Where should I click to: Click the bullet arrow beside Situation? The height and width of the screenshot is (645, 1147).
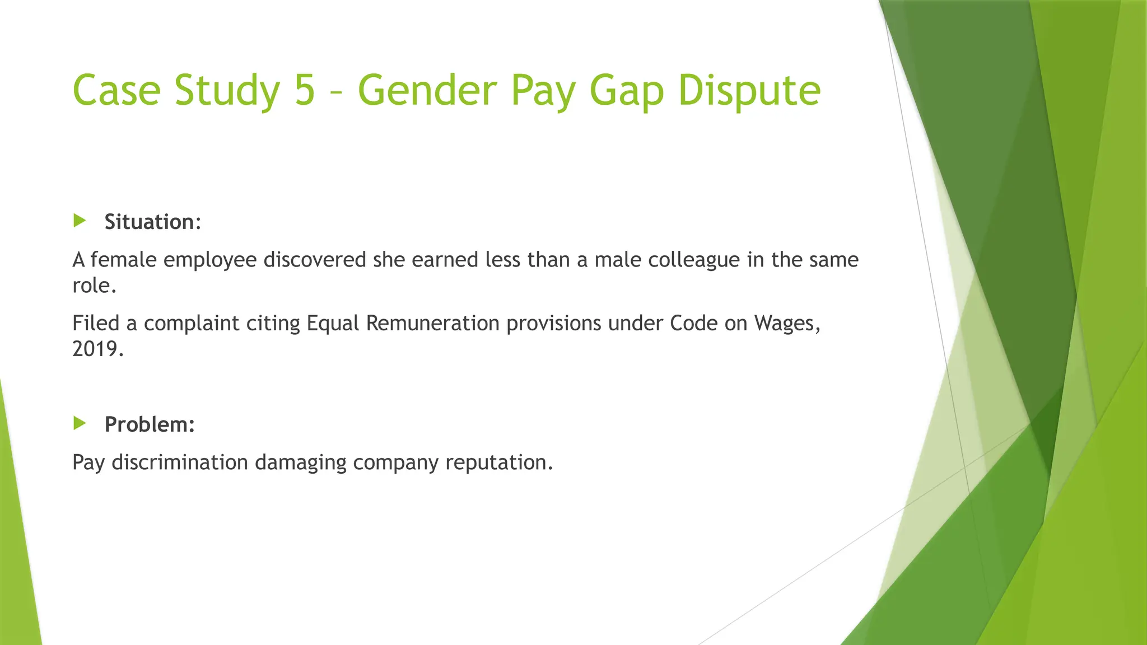point(80,221)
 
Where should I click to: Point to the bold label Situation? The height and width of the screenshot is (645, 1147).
point(150,222)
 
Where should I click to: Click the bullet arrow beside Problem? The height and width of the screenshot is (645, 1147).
point(80,423)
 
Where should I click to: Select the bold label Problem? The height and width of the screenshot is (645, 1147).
point(149,424)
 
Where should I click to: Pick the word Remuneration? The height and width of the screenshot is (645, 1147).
point(432,323)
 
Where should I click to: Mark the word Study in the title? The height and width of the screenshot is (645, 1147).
point(227,91)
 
